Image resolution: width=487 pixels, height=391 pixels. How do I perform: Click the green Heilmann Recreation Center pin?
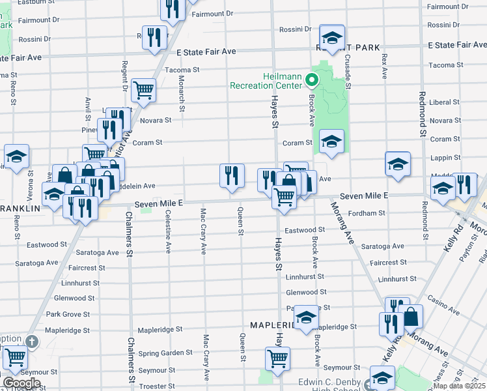click(x=311, y=81)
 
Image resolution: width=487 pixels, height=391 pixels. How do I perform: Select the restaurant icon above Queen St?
click(x=232, y=177)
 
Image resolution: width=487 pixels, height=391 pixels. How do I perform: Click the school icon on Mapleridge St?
click(x=305, y=318)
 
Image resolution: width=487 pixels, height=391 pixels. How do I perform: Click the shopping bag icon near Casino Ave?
click(x=411, y=317)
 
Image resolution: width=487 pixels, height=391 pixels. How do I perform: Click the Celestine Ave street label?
click(x=168, y=231)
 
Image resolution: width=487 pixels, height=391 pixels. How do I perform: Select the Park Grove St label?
click(x=68, y=314)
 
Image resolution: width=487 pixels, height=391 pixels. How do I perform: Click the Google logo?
click(x=21, y=383)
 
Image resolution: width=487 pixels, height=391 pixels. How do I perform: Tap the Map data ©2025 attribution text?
click(x=458, y=386)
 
